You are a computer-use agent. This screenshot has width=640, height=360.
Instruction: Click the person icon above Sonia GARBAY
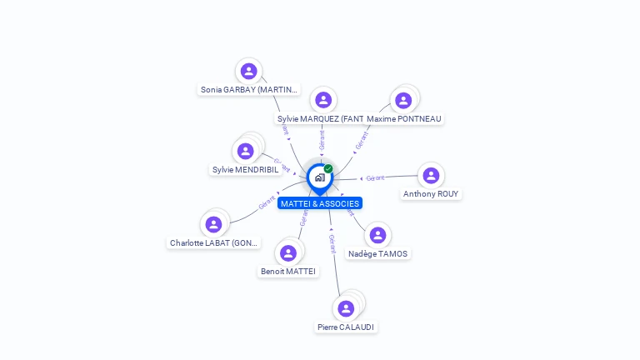(x=248, y=71)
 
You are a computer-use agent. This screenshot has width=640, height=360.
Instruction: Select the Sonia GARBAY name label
(x=248, y=89)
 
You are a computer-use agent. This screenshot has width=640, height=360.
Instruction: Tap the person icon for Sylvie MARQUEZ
(x=323, y=100)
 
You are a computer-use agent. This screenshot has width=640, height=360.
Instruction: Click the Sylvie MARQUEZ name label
(x=320, y=119)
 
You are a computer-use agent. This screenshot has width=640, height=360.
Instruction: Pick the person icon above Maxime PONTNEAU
(x=403, y=100)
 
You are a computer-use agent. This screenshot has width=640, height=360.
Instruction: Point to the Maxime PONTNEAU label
(x=404, y=119)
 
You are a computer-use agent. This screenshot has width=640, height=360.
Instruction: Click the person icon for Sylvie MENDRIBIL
(x=245, y=151)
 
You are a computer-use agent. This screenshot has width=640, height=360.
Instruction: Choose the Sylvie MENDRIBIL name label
(x=245, y=170)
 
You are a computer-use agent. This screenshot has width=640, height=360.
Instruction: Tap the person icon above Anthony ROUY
(x=431, y=175)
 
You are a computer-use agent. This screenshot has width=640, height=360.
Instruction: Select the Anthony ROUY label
(x=431, y=194)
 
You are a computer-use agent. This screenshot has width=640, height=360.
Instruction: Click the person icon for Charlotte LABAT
(x=213, y=224)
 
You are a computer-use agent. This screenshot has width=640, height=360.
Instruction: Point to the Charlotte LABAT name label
(x=214, y=243)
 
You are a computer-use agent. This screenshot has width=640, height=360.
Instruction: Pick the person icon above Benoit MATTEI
(x=288, y=252)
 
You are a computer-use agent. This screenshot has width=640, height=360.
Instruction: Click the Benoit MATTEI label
(x=288, y=272)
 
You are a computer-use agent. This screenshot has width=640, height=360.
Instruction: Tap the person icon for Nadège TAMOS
(x=377, y=235)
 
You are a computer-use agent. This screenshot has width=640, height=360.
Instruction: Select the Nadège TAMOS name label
(x=378, y=254)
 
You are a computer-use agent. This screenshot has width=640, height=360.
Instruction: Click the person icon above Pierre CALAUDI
(x=346, y=308)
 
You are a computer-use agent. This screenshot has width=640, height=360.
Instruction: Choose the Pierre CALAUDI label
(x=346, y=327)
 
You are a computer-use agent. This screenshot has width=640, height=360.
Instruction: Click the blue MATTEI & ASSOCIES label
(x=320, y=203)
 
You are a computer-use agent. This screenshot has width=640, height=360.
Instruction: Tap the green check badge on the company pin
(x=328, y=168)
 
